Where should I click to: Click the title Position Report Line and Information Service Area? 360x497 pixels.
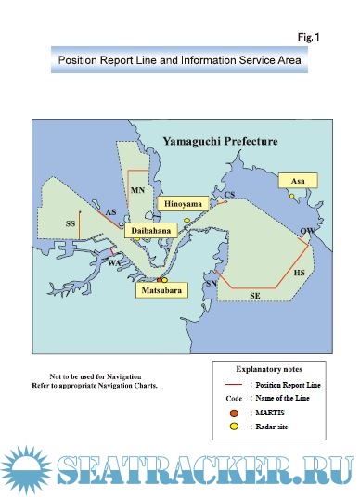pos(180,62)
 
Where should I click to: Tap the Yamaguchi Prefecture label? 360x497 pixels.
pos(220,141)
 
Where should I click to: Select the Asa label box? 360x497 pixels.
pos(297,180)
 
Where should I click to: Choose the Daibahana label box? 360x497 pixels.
pos(148,228)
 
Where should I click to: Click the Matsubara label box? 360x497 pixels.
pos(159,291)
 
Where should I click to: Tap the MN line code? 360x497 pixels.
pos(138,190)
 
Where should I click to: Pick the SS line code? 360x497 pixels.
pos(71,224)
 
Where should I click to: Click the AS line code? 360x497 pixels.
pos(110,213)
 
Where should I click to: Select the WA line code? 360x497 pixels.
pos(114,263)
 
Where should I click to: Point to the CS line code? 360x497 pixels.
pos(230,195)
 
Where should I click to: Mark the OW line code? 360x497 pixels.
pos(307,231)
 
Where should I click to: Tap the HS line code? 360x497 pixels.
pos(298,274)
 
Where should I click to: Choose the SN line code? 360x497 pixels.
pos(211,283)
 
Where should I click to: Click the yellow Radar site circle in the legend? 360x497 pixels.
pos(235,426)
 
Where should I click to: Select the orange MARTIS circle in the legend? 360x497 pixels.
pos(235,411)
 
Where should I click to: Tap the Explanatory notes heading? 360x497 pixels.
pos(269,368)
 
